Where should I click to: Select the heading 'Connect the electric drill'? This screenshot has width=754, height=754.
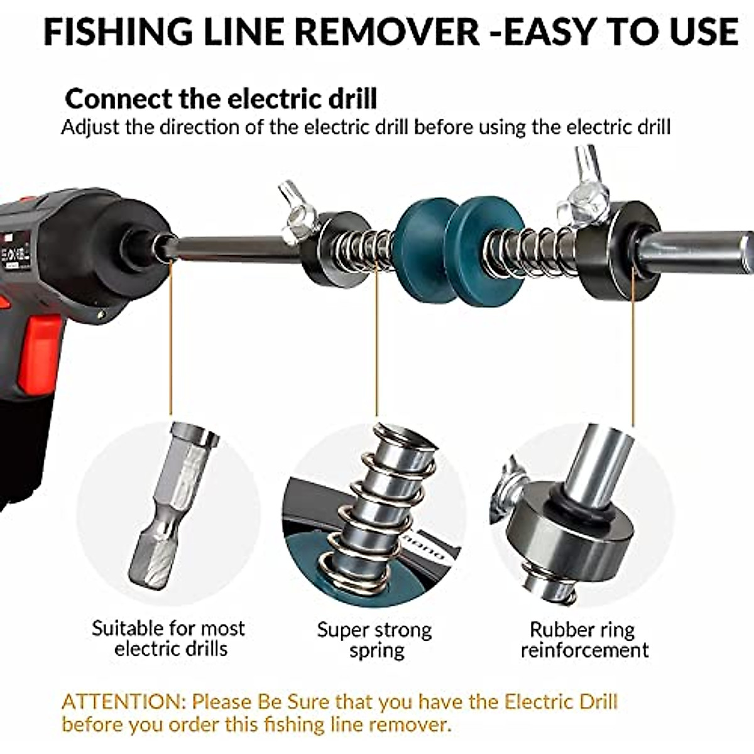pyautogui.click(x=221, y=99)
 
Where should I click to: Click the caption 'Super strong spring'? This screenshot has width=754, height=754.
pyautogui.click(x=374, y=640)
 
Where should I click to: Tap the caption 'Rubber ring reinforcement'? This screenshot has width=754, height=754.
pyautogui.click(x=584, y=640)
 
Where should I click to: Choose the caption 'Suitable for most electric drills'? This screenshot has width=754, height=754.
pyautogui.click(x=168, y=638)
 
